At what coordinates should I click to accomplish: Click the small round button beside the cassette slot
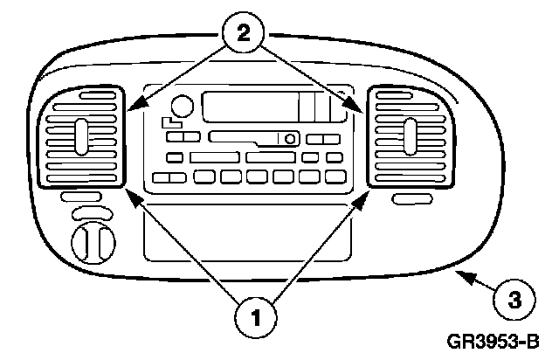click(x=289, y=137)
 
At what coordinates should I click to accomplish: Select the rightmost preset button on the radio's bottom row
click(x=337, y=177)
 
